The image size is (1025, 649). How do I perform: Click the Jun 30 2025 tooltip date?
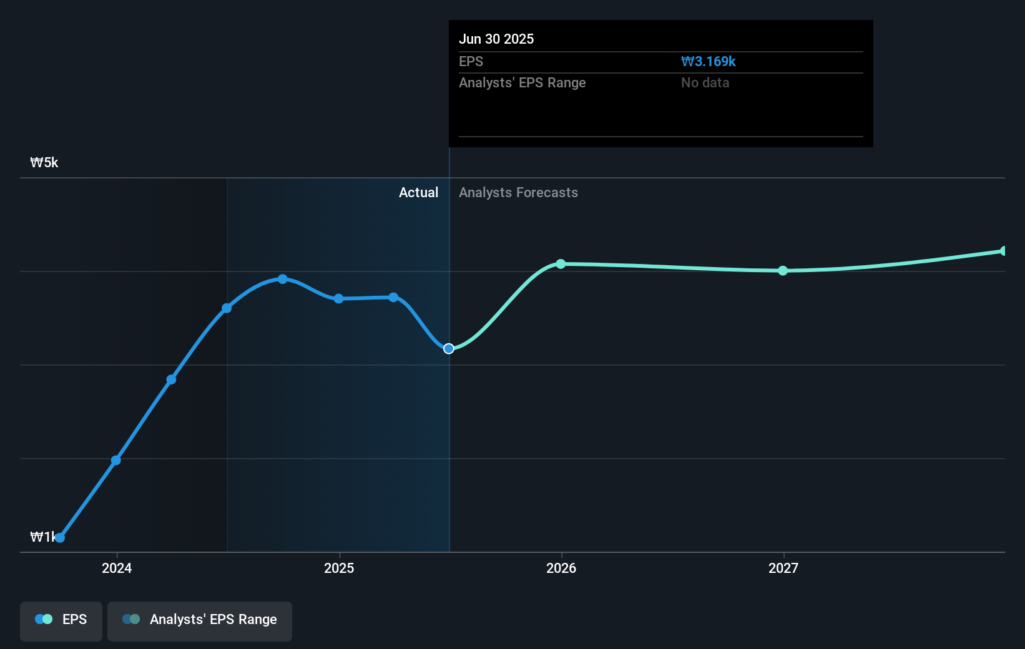pos(496,39)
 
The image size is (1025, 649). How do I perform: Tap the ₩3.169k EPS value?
pos(708,61)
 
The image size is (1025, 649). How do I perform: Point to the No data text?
pos(705,82)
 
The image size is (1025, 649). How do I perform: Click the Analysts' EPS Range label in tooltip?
pos(522,82)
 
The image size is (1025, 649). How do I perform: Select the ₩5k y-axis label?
pos(44,162)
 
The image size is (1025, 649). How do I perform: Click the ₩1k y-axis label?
pos(41,537)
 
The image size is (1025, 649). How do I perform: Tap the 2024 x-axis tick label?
pos(117,568)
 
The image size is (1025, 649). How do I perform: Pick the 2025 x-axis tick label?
pos(339,568)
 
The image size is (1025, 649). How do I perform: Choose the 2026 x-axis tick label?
pos(561,568)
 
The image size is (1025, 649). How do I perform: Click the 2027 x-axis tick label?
pos(783,568)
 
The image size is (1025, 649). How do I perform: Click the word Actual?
pos(418,192)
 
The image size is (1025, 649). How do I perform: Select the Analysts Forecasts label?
pos(518,192)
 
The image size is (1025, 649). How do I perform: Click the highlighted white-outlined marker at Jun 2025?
pos(449,348)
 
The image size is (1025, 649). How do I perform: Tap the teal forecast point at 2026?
pos(561,264)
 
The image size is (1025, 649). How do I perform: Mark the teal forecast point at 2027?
pos(783,270)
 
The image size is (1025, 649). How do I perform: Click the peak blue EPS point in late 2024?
pos(283,279)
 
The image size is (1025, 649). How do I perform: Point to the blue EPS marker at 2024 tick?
pos(116,461)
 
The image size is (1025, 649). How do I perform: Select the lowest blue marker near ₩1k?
pos(60,537)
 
